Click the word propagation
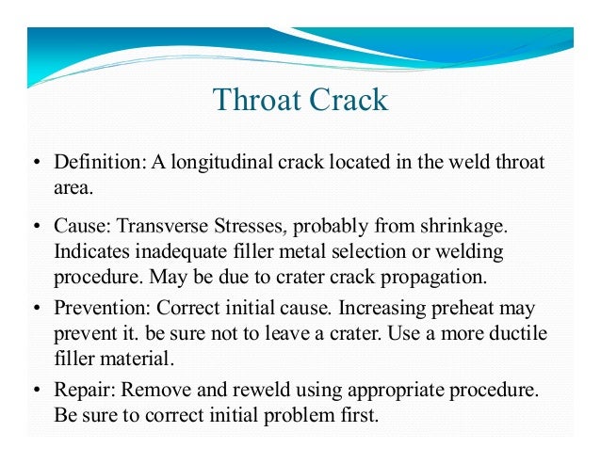443,278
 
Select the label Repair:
81,391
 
